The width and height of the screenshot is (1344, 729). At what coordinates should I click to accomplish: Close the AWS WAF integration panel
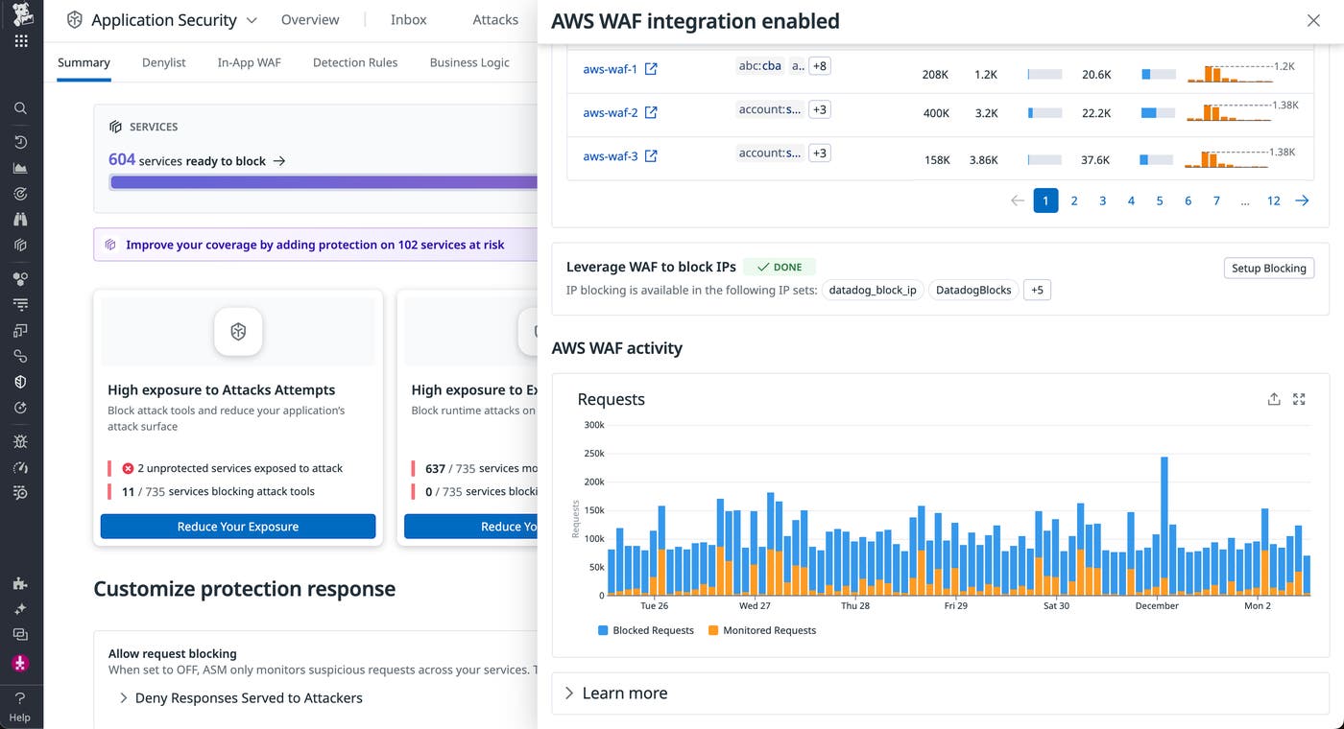click(x=1313, y=20)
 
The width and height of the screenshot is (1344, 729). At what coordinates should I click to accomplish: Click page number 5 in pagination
click(x=1160, y=200)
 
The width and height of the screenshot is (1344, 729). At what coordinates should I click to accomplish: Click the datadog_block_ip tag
click(x=872, y=290)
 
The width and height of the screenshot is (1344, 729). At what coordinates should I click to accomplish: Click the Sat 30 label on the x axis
click(x=1056, y=606)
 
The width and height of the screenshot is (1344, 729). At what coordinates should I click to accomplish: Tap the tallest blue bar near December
click(x=1164, y=518)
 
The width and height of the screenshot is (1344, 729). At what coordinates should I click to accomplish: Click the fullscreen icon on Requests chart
click(x=1299, y=399)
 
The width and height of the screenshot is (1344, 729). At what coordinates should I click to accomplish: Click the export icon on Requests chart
click(x=1274, y=399)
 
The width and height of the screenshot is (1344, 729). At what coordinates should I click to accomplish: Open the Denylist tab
click(x=163, y=62)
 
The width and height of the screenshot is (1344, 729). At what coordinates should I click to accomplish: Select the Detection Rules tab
click(x=354, y=62)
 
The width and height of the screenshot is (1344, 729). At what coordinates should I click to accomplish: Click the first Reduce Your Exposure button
click(x=238, y=527)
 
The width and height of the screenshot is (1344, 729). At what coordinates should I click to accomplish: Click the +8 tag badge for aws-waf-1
click(x=819, y=66)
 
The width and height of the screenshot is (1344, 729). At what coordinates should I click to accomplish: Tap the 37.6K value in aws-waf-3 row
click(x=1095, y=160)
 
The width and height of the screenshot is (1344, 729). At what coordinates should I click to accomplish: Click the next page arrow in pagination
click(x=1302, y=200)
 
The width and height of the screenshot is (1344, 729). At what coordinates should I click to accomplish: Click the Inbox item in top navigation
click(x=408, y=20)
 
